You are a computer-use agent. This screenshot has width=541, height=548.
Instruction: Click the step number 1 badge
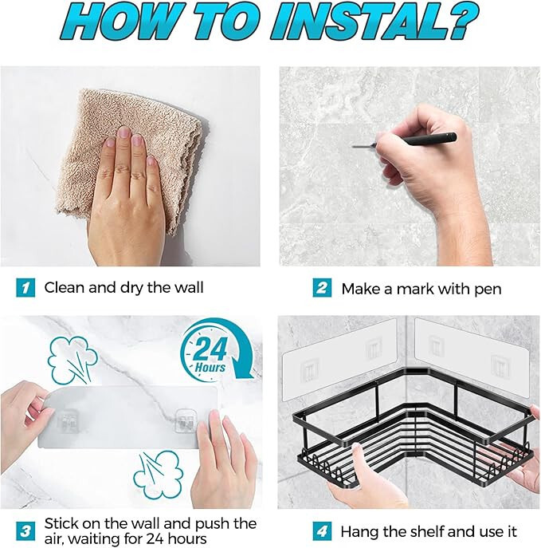(25, 288)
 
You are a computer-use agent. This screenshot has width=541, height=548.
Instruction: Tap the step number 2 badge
(322, 288)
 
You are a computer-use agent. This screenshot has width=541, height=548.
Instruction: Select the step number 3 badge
(25, 531)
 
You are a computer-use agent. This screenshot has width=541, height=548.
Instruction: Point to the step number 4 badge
(322, 531)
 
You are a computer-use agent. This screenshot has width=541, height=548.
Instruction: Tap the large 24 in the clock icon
(209, 350)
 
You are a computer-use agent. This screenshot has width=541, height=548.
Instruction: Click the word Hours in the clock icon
(210, 367)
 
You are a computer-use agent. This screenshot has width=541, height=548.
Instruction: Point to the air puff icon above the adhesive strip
(73, 361)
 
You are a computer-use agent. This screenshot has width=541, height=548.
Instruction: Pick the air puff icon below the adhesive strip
(159, 475)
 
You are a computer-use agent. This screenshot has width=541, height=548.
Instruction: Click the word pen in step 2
(488, 290)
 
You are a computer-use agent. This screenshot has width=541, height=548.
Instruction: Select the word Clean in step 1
(65, 288)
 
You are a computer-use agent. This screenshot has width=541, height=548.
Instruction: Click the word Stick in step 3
(61, 523)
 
